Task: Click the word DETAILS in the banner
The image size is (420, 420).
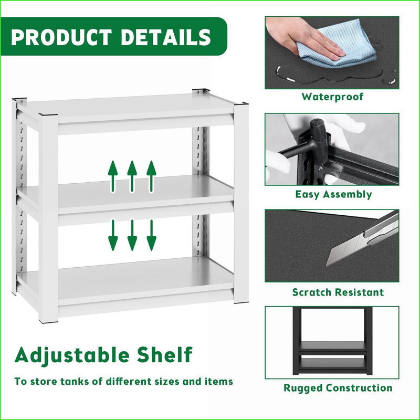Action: click(x=167, y=37)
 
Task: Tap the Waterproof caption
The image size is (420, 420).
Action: click(x=332, y=97)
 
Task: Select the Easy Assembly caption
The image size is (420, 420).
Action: click(x=333, y=194)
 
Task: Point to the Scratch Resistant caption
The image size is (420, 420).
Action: click(x=338, y=292)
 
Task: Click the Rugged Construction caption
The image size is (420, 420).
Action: click(x=338, y=388)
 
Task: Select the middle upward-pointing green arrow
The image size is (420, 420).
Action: click(x=132, y=176)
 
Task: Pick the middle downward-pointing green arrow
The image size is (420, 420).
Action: click(x=132, y=235)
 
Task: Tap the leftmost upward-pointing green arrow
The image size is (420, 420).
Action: click(x=112, y=176)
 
